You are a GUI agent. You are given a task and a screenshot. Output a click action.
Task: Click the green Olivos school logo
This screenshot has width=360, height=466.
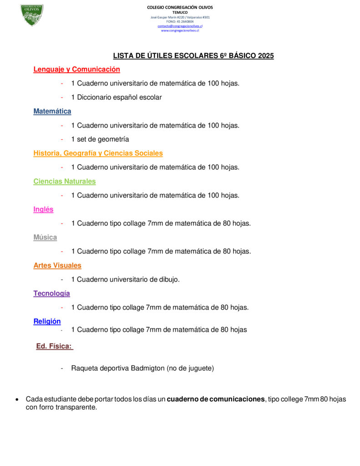(x=32, y=15)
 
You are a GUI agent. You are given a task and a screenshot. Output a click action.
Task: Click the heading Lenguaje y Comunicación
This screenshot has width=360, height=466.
(x=76, y=70)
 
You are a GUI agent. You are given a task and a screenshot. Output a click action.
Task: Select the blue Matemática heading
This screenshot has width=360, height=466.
(x=52, y=111)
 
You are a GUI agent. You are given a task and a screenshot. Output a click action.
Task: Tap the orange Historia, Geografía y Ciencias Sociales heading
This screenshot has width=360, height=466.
(x=98, y=153)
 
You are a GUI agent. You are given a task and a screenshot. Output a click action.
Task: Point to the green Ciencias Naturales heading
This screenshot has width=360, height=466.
(x=65, y=182)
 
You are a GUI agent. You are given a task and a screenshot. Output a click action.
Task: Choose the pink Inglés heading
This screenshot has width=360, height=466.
(x=43, y=209)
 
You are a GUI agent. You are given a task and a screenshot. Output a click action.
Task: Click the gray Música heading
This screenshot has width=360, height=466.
(x=45, y=238)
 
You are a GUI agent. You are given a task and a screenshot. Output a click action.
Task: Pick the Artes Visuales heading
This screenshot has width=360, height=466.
(x=57, y=265)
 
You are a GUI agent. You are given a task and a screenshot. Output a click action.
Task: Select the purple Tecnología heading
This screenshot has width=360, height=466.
(x=51, y=294)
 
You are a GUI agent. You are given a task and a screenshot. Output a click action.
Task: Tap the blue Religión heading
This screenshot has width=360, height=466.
(x=47, y=321)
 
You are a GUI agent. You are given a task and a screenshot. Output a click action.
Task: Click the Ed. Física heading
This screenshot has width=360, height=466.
(x=54, y=346)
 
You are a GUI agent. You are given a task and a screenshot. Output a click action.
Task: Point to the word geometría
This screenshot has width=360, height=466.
(x=113, y=139)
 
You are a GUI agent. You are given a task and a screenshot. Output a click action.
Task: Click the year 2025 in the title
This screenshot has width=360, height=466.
(x=266, y=56)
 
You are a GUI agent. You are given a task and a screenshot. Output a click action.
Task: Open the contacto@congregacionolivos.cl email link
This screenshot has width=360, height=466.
(x=180, y=26)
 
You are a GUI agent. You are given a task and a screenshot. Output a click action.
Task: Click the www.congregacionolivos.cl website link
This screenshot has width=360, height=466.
(x=180, y=30)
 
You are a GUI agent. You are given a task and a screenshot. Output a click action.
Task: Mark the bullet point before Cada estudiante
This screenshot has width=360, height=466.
(x=17, y=400)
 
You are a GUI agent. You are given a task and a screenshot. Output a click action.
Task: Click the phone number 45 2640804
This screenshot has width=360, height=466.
(x=185, y=21)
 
